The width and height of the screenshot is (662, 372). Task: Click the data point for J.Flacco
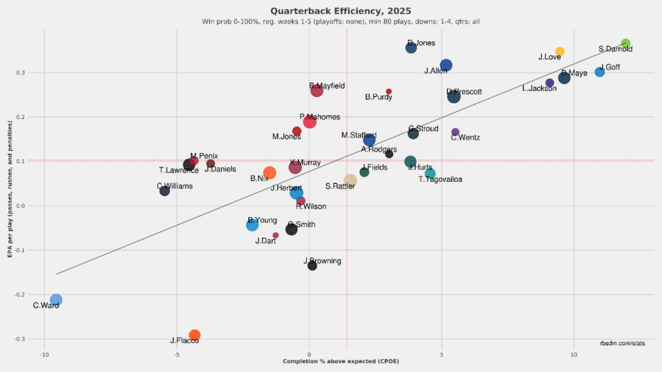click(x=194, y=335)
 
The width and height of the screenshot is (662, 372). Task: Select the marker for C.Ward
click(x=56, y=300)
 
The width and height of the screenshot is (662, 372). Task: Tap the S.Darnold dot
click(x=625, y=44)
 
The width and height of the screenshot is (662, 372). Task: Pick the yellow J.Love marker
click(x=560, y=52)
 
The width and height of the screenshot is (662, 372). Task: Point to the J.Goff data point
click(x=599, y=72)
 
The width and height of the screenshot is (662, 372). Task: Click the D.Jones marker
click(x=411, y=48)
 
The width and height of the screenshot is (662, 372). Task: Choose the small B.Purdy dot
click(x=389, y=91)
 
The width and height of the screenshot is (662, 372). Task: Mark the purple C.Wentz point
click(x=455, y=132)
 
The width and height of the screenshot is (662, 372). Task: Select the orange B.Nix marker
click(x=270, y=173)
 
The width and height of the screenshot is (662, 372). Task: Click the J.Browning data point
click(x=312, y=265)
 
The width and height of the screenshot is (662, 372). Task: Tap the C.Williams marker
click(x=164, y=191)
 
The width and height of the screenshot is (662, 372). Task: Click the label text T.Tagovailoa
click(x=440, y=180)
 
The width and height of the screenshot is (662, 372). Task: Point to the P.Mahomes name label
click(x=319, y=117)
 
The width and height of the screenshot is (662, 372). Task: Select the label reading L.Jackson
click(x=539, y=88)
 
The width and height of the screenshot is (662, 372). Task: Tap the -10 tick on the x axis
click(x=44, y=354)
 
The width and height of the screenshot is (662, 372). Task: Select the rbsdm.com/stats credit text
click(x=622, y=342)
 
